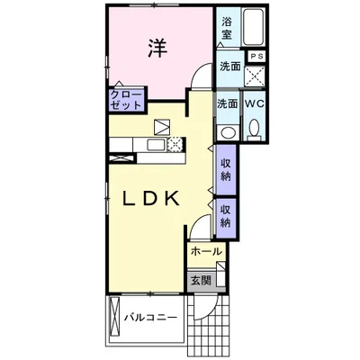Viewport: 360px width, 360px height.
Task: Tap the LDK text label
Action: (x=151, y=198)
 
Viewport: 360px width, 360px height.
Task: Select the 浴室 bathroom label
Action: (x=227, y=28)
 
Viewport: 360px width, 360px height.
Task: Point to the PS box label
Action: (x=256, y=56)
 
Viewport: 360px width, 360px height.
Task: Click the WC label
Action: (x=255, y=103)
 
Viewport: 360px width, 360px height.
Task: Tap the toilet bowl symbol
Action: (x=255, y=130)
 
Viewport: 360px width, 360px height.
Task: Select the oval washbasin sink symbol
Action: (x=228, y=132)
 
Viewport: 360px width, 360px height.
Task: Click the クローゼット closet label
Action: (x=126, y=100)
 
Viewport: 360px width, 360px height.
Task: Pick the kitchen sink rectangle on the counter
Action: (x=156, y=145)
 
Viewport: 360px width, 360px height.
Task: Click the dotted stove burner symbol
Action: (x=175, y=145)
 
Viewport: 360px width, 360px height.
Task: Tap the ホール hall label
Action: (x=207, y=251)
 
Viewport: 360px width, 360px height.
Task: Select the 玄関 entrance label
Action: (x=201, y=281)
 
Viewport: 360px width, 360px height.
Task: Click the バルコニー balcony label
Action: (x=151, y=317)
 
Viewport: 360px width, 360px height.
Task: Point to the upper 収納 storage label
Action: (x=226, y=170)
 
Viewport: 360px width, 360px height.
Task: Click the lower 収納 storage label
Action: (x=226, y=217)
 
